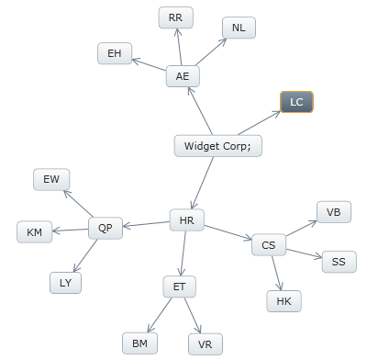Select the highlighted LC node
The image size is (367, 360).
click(x=296, y=102)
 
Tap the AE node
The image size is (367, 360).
click(x=183, y=76)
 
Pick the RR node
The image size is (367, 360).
click(x=175, y=17)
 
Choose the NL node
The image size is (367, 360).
click(x=239, y=28)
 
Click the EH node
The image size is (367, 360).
click(x=114, y=53)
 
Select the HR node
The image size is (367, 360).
click(x=186, y=220)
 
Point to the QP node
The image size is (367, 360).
click(x=106, y=229)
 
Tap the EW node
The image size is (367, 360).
click(x=50, y=180)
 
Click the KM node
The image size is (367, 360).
click(x=35, y=232)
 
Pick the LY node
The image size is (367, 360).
click(x=65, y=283)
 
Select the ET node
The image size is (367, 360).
click(x=179, y=287)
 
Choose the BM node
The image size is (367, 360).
click(x=139, y=343)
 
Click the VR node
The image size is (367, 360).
click(x=205, y=344)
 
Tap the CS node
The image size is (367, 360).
click(x=268, y=245)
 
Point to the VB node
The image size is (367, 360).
click(x=333, y=212)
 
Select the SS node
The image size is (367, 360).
click(x=339, y=262)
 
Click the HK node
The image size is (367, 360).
click(x=284, y=300)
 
